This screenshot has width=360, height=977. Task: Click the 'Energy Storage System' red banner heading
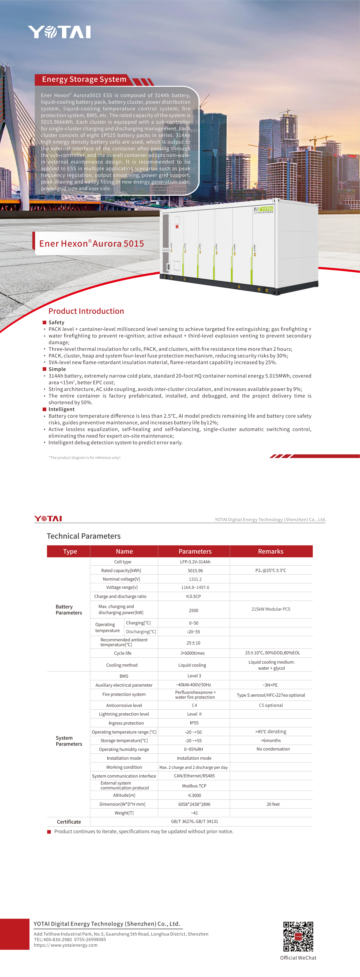point(84,79)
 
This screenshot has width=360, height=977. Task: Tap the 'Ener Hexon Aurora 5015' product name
point(91,244)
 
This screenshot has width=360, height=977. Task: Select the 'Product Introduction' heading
point(86,311)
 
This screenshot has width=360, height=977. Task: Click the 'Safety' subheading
point(56,322)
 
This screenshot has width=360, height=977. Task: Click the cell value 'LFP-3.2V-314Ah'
point(195,562)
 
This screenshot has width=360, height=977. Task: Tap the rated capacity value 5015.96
point(195,570)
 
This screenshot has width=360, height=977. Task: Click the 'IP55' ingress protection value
point(194,723)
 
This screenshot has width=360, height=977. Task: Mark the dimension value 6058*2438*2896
point(194,804)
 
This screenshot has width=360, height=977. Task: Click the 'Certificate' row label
point(69,822)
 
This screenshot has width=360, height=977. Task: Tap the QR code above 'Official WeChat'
point(298,936)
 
